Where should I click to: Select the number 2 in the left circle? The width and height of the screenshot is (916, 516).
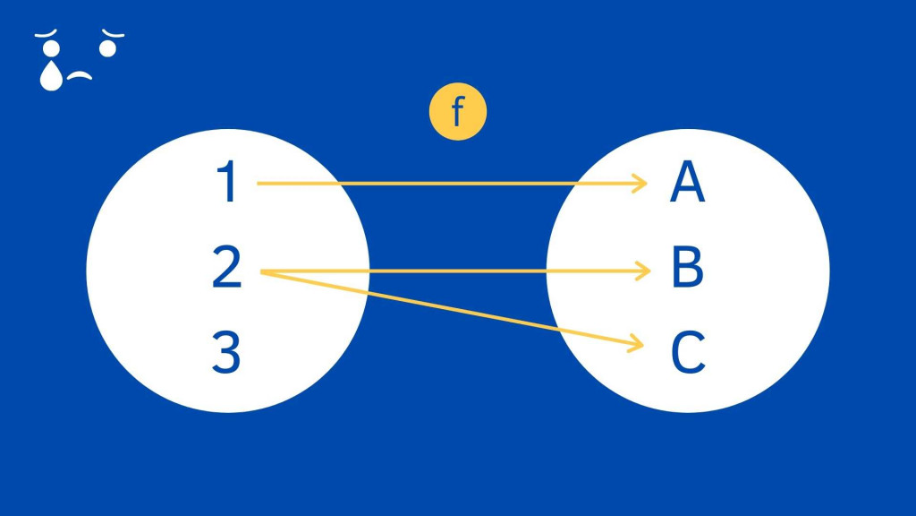point(226,268)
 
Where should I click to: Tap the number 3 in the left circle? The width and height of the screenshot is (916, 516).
point(226,352)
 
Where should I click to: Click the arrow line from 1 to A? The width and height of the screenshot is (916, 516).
point(447,184)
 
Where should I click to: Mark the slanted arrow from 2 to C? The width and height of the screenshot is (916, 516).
point(447,306)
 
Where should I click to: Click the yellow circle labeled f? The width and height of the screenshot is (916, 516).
point(457,113)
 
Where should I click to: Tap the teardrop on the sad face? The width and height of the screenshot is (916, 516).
point(52,76)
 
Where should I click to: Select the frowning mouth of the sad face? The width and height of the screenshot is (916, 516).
point(81,76)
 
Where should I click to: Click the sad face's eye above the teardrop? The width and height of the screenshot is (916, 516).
point(51,48)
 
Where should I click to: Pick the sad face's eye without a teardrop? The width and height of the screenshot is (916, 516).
point(107,47)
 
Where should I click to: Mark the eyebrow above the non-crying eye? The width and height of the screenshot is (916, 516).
point(113,34)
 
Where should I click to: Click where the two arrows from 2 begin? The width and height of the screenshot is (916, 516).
point(261,271)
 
